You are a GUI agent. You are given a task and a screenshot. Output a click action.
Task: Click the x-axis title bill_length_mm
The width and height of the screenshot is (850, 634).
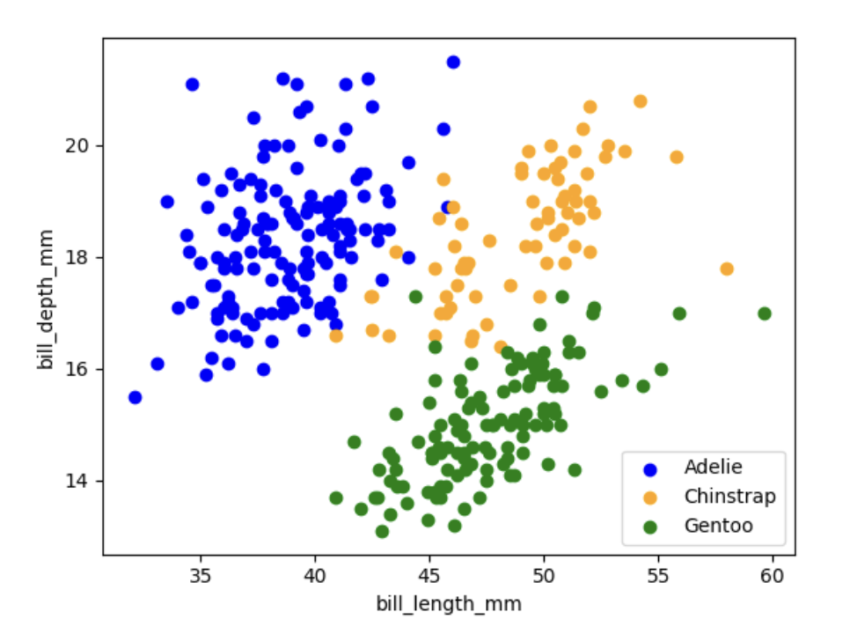(449, 604)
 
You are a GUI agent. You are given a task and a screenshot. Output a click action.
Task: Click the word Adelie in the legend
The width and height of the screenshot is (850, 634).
(713, 466)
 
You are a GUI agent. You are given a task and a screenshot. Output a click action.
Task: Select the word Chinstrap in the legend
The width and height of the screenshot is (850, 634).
(729, 497)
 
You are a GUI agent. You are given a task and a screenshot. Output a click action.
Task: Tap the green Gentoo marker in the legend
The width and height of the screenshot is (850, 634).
(650, 527)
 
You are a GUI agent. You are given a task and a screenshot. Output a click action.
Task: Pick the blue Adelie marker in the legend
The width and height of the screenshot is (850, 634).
(650, 467)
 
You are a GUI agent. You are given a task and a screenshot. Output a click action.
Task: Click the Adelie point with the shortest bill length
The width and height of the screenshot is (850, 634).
(135, 397)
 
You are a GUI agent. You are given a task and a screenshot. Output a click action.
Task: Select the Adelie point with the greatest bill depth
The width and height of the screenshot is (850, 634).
(453, 62)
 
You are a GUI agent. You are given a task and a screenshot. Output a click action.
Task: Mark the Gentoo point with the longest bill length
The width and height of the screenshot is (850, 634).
(765, 313)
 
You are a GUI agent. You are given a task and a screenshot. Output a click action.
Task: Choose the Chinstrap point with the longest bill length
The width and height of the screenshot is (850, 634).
(727, 269)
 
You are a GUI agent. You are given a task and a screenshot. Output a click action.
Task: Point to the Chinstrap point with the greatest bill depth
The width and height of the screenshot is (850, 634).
(640, 101)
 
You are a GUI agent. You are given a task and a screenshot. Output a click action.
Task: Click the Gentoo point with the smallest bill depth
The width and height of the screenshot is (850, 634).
(382, 531)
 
